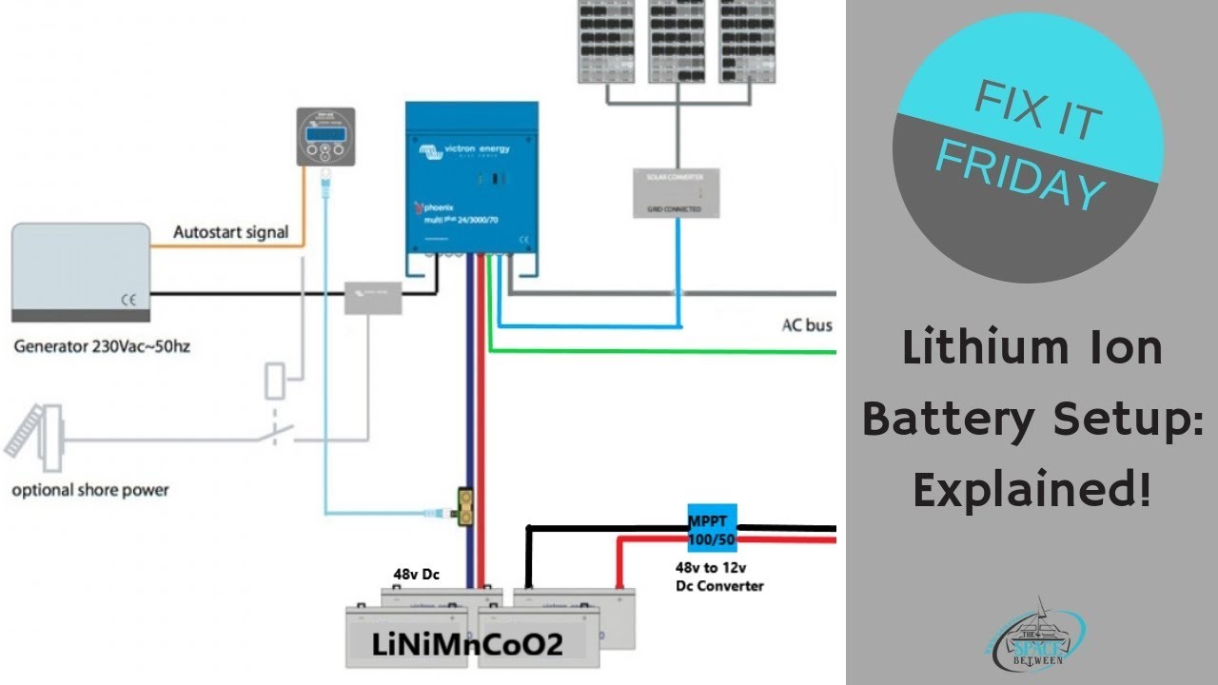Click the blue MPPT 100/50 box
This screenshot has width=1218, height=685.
[712, 524]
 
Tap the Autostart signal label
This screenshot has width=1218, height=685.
[230, 232]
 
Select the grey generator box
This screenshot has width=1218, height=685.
[81, 272]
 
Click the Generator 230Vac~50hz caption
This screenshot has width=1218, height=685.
[102, 346]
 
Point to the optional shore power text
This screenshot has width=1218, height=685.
[90, 491]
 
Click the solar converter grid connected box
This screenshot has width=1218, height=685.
[677, 193]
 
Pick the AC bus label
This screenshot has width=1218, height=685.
[806, 325]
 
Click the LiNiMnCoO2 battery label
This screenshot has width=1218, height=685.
[467, 645]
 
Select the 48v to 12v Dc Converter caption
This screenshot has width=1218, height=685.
[718, 577]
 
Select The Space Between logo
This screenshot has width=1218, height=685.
[1035, 635]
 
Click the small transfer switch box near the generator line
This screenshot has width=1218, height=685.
[373, 297]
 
